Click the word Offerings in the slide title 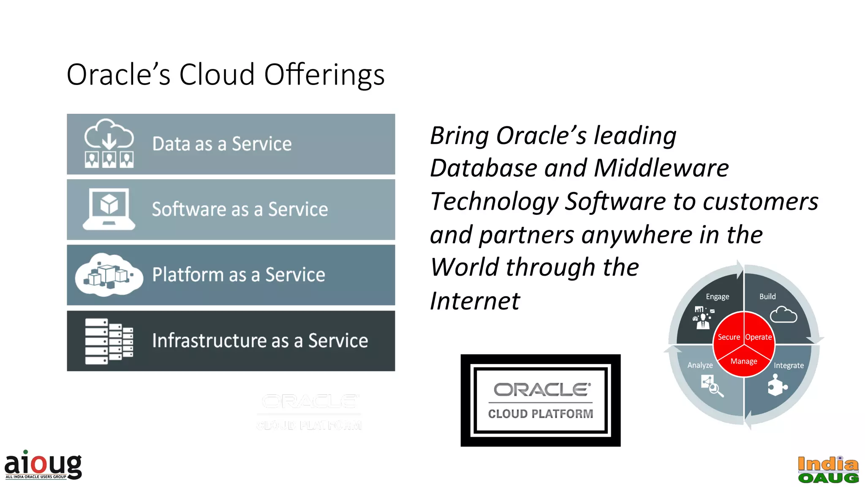click(324, 75)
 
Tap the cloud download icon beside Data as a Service click(109, 143)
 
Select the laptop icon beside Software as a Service click(109, 209)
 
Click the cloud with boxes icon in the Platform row click(109, 275)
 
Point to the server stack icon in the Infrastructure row click(109, 341)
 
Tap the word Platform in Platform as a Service click(188, 275)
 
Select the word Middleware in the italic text click(661, 168)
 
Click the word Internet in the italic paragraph click(475, 301)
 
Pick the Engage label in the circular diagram click(717, 297)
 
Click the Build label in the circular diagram click(767, 297)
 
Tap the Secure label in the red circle click(729, 337)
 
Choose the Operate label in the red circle click(759, 337)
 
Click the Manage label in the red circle click(744, 361)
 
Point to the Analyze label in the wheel click(700, 365)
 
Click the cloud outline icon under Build click(783, 315)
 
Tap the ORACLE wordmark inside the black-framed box click(542, 390)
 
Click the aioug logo click(43, 465)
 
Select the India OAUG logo click(828, 470)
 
